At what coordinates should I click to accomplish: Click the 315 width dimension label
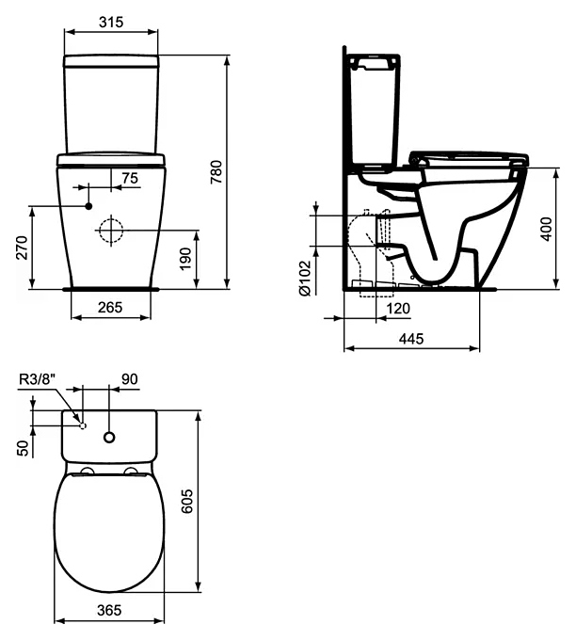(x=111, y=22)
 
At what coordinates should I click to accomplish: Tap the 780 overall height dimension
(x=216, y=172)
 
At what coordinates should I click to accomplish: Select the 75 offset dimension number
(x=130, y=178)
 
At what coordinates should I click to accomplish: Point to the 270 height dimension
(x=22, y=248)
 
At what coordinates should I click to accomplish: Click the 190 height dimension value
(x=184, y=259)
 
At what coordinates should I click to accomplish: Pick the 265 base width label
(x=110, y=307)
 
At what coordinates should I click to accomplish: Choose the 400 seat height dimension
(x=546, y=229)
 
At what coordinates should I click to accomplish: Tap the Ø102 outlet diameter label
(x=305, y=278)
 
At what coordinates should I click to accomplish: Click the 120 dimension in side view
(x=398, y=308)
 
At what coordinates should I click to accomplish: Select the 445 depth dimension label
(x=411, y=339)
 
